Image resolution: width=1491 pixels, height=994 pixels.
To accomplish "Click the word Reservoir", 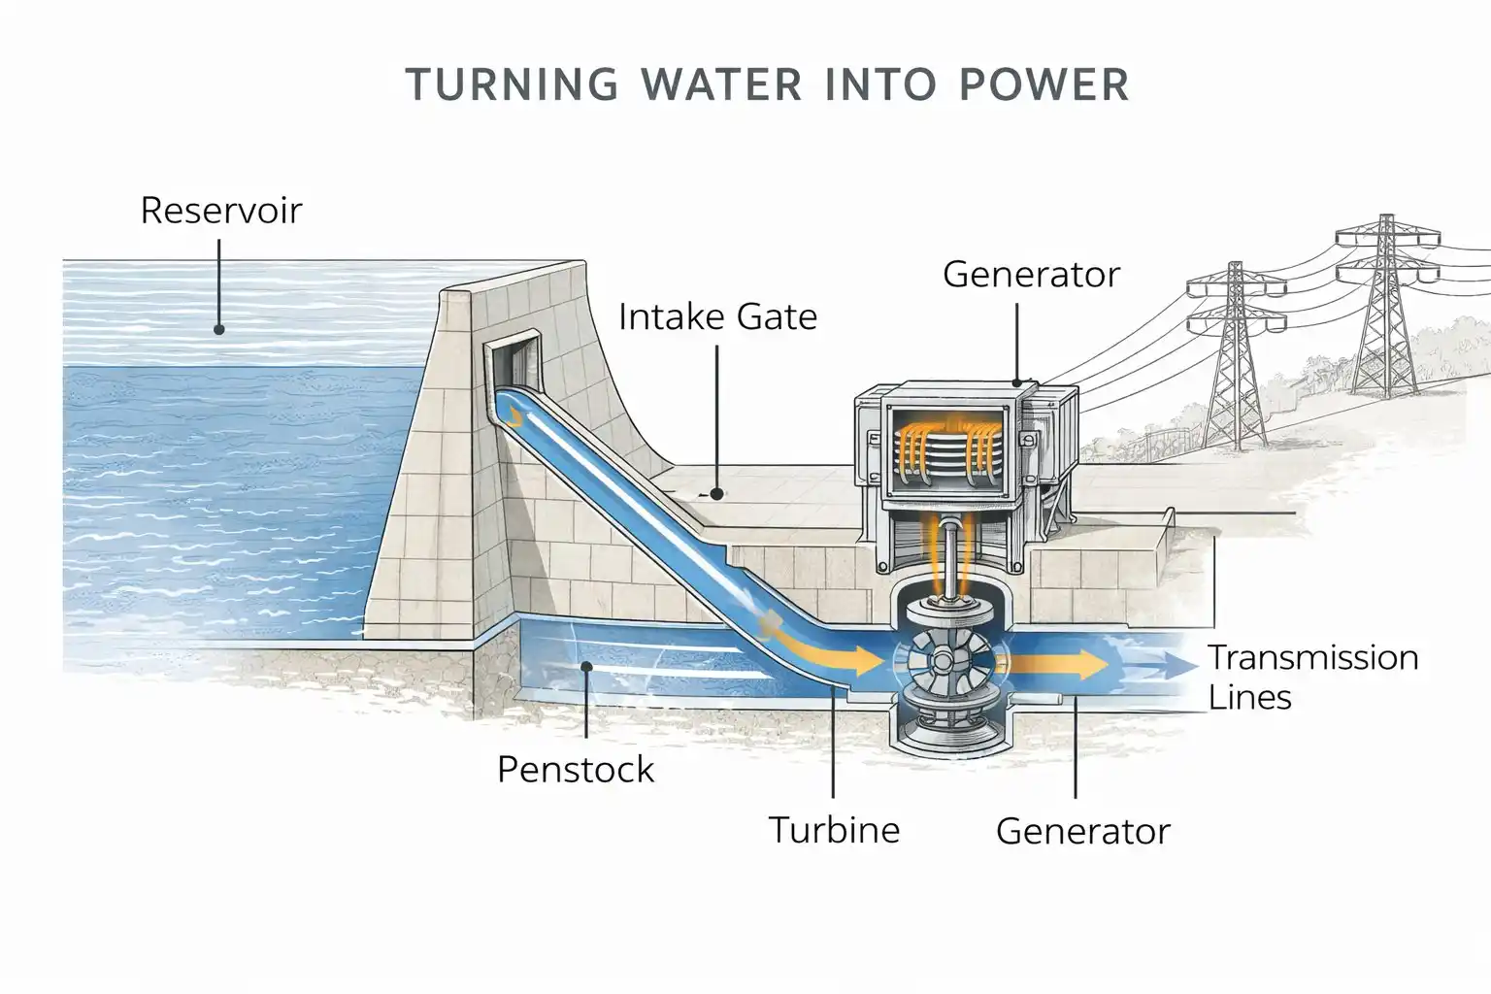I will click(221, 211).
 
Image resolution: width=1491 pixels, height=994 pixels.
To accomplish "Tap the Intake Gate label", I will click(717, 316).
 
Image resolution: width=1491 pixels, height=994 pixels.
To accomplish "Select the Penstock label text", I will click(576, 770).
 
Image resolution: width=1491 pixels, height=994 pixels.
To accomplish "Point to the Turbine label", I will click(834, 830).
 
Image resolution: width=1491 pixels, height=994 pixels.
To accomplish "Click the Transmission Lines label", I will click(1312, 677).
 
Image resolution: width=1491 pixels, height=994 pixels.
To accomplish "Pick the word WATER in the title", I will click(722, 84).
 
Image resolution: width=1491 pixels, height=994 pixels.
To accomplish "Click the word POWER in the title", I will click(1044, 84).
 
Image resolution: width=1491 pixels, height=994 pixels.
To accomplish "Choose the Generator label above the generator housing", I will click(1031, 275).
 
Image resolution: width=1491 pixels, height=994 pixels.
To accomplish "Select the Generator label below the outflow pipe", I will click(1082, 832).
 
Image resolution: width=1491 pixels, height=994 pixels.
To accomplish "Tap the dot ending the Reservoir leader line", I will click(219, 330).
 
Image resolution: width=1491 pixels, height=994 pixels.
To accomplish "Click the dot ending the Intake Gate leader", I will click(716, 493).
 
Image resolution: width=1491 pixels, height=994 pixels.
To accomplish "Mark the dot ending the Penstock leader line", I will click(585, 666).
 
